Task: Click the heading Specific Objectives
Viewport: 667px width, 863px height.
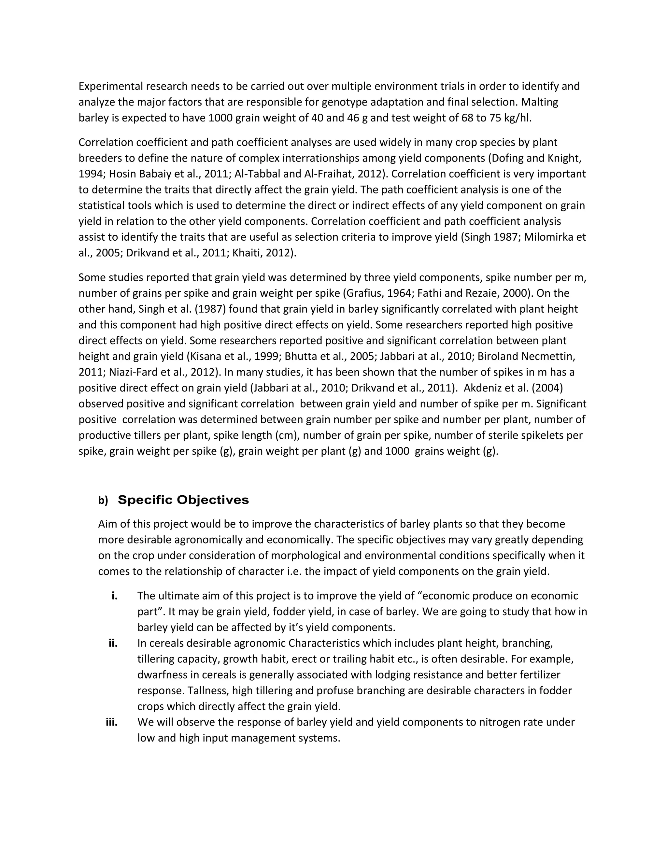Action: click(183, 500)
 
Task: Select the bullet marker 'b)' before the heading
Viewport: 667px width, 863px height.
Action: click(103, 501)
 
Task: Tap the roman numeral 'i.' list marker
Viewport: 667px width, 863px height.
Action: click(114, 596)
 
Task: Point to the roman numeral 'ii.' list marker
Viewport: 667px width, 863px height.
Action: click(113, 643)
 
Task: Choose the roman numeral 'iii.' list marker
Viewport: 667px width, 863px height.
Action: click(111, 722)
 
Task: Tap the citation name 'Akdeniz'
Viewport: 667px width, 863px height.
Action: click(482, 388)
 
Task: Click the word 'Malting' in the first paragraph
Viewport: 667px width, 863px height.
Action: click(539, 102)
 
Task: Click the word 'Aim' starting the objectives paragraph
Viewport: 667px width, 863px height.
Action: click(107, 524)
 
